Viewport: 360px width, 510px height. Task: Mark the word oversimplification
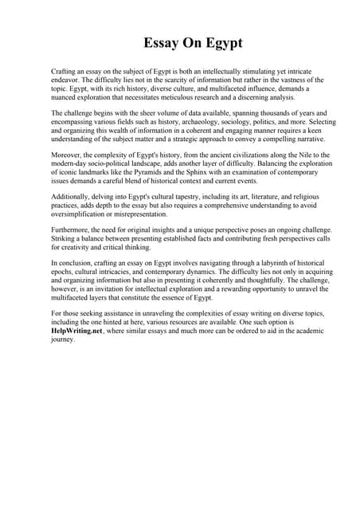click(82, 214)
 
